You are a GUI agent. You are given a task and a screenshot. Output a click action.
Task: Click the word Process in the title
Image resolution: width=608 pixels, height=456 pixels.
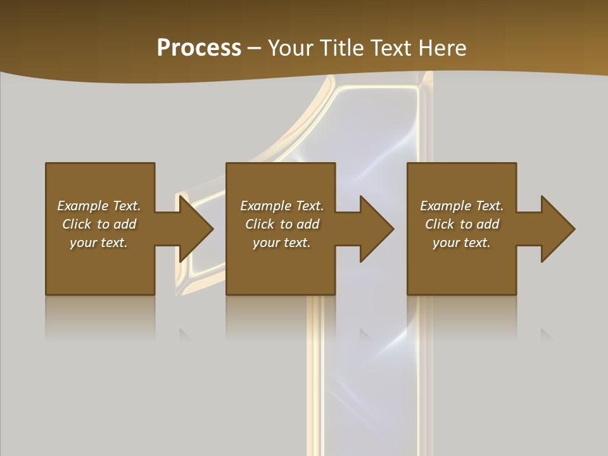(x=199, y=48)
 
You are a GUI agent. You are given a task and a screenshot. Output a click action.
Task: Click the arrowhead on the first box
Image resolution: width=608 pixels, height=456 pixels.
(x=194, y=229)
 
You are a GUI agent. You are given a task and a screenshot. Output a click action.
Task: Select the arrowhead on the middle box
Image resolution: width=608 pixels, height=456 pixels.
(x=376, y=229)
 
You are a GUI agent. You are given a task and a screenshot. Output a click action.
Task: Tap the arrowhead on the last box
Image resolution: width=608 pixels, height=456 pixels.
(x=557, y=229)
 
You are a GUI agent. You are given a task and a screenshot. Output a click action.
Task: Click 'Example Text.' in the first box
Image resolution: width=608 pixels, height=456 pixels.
(x=99, y=206)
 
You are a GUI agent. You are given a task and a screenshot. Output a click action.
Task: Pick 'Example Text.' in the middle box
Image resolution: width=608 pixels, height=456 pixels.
(x=282, y=206)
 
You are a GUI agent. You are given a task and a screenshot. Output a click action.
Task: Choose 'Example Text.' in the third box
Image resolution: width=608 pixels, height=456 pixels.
(x=462, y=206)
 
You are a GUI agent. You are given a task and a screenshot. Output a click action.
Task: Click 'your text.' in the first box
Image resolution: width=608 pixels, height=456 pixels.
(x=99, y=243)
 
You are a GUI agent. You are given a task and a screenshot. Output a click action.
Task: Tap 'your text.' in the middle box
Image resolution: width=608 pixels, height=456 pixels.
(x=282, y=243)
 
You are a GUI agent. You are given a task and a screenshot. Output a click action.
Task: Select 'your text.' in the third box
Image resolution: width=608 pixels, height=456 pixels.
(x=462, y=243)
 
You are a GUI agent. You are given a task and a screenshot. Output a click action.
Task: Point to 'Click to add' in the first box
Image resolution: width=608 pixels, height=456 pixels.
(x=99, y=224)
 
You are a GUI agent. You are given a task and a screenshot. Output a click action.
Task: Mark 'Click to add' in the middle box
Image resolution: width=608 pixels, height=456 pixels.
(x=282, y=224)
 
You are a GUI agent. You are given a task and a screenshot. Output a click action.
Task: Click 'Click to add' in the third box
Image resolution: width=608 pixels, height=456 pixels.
(x=462, y=224)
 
